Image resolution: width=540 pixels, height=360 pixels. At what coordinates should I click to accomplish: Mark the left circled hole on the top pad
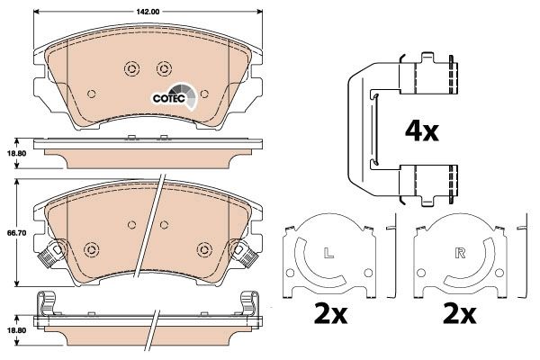(130, 69)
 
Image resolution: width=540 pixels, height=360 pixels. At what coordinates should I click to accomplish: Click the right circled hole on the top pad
(163, 69)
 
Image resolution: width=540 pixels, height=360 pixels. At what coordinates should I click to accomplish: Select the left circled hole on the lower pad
(91, 248)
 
